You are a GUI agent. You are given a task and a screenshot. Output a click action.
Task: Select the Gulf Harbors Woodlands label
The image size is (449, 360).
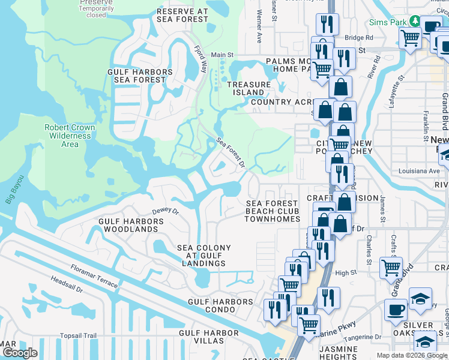click(131, 226)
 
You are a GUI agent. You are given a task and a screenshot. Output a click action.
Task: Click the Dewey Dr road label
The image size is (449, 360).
click(166, 211)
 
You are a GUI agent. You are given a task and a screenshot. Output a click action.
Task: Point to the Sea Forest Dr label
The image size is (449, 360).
click(231, 153)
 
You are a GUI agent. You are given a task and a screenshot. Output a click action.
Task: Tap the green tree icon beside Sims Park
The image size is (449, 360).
click(414, 22)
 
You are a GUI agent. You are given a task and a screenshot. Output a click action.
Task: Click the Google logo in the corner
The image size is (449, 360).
click(20, 353)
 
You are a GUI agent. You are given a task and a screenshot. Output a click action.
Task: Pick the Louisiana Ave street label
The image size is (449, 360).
click(419, 171)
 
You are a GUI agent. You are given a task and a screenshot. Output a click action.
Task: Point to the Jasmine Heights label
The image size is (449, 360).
click(339, 353)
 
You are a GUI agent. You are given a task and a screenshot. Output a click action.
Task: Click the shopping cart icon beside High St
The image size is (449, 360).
click(391, 267)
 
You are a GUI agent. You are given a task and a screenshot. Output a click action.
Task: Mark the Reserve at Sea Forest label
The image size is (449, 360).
click(182, 15)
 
